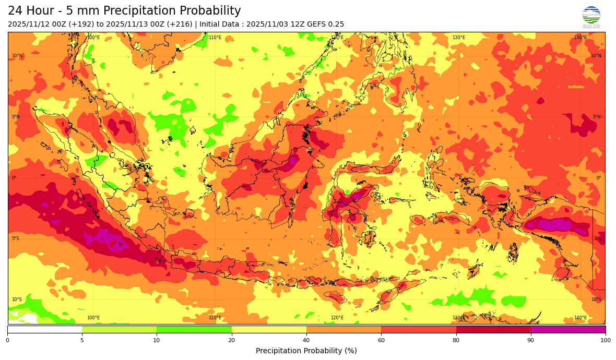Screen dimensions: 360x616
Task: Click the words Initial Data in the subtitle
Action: (219, 25)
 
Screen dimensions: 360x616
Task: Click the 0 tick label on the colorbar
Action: (7, 341)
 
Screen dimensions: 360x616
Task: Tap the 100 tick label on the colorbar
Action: (606, 341)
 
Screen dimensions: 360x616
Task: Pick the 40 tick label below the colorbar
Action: (306, 341)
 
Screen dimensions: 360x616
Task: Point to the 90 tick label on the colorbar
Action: (531, 341)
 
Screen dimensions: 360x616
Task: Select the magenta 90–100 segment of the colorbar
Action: (568, 329)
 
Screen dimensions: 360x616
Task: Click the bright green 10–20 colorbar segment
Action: (194, 329)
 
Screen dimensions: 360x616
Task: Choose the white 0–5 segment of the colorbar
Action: (44, 329)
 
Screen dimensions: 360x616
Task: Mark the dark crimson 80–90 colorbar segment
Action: (493, 329)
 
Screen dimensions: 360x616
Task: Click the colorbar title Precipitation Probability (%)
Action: (306, 351)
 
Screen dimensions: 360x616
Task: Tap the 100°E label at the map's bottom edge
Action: (93, 318)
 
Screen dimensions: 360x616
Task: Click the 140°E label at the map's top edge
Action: (580, 38)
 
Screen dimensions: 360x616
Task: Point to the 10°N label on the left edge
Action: (17, 56)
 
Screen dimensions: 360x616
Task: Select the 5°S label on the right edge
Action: (598, 238)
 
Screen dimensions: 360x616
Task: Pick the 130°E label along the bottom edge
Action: (458, 318)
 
